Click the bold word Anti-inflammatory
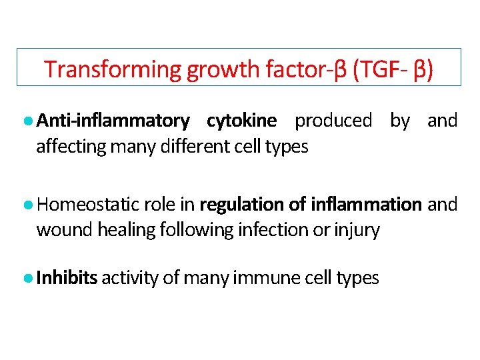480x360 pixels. (x=113, y=121)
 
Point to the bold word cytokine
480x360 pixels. (x=241, y=121)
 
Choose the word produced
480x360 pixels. (x=333, y=121)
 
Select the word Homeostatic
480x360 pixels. (x=93, y=204)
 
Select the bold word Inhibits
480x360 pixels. (x=67, y=277)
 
